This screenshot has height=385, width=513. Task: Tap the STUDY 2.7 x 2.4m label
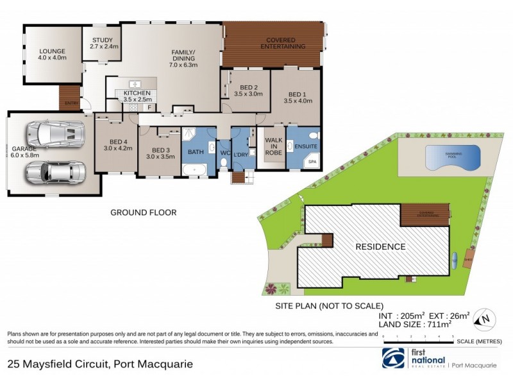click(x=103, y=43)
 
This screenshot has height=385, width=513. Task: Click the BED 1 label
click(x=297, y=96)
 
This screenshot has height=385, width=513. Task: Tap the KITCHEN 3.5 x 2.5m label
click(x=137, y=96)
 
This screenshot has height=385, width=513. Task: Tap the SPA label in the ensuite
click(x=313, y=162)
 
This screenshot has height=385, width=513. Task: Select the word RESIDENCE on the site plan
click(x=381, y=246)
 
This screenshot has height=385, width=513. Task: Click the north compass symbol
click(x=486, y=316)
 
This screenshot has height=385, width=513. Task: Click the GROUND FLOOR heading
click(x=144, y=212)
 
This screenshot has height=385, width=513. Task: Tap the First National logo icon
click(x=394, y=359)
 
